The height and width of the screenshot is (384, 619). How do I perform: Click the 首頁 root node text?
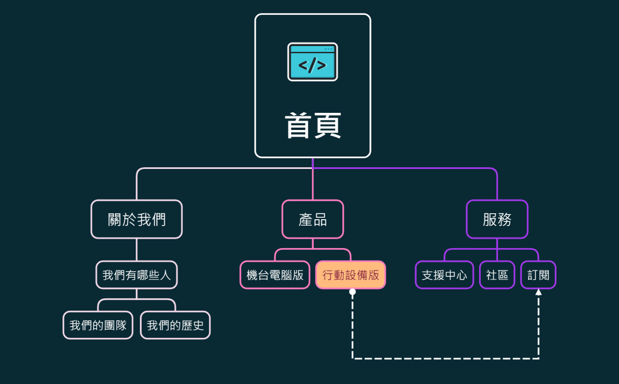tap(313, 126)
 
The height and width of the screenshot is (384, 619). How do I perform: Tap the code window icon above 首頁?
tap(313, 62)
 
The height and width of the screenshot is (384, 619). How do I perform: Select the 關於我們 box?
tap(136, 219)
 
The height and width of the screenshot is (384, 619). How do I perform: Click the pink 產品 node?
tap(313, 219)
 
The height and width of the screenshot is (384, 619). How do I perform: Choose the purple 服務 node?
tap(497, 219)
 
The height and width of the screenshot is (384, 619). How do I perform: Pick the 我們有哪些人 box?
tap(136, 275)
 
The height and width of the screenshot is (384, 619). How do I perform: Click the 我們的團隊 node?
tap(98, 325)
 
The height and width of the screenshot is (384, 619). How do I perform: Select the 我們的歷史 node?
tap(175, 325)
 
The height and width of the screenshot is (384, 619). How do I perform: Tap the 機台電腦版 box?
tap(275, 275)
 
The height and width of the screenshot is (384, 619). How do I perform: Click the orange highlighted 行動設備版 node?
tap(351, 275)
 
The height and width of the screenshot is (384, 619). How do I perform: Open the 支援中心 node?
tap(444, 275)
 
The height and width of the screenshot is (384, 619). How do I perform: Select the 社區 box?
tap(497, 275)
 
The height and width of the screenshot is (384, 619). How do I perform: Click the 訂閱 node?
tap(538, 275)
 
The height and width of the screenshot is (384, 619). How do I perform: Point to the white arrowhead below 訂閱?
tap(538, 292)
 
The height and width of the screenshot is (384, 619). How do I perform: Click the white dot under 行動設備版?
tap(352, 292)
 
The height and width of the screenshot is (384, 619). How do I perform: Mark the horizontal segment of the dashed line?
tap(446, 358)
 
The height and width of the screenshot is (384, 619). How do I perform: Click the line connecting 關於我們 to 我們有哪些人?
tap(136, 250)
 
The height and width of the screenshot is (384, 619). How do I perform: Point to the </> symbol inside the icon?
tap(312, 65)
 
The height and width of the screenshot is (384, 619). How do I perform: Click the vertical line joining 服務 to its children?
tap(497, 243)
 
